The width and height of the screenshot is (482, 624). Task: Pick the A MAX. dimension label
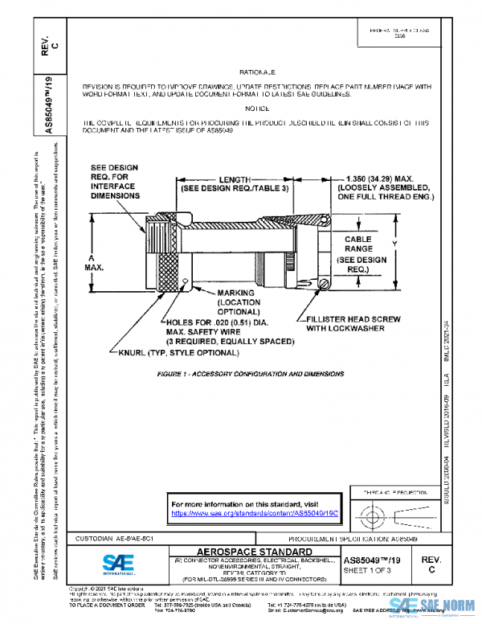[92, 261]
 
